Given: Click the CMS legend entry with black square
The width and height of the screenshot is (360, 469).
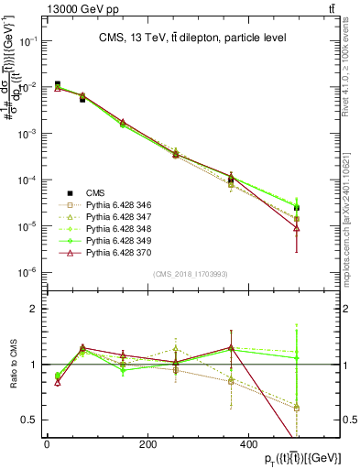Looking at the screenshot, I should (95, 192).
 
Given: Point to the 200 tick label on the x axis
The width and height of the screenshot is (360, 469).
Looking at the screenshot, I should (147, 444).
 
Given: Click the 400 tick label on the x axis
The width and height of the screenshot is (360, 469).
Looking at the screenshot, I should (248, 444).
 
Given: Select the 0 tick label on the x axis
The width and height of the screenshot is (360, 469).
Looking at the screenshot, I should (47, 444).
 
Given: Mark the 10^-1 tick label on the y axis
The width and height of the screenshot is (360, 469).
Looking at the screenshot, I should (27, 42).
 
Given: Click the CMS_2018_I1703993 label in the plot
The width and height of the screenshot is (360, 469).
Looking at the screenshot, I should (190, 274).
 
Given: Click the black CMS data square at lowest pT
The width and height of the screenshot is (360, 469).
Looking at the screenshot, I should (57, 84).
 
